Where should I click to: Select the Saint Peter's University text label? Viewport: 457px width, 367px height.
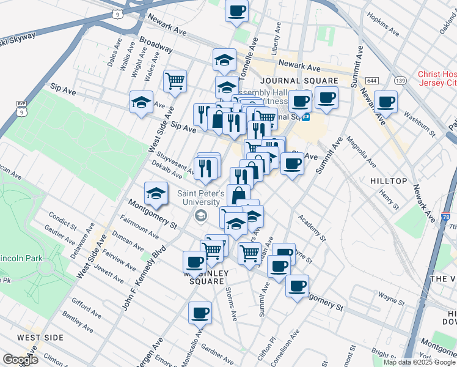tap(199, 198)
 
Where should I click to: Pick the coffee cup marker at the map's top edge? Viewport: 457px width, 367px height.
tap(236, 10)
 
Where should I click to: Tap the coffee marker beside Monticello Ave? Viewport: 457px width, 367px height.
tap(200, 314)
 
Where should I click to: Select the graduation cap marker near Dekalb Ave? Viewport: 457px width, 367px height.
tap(156, 193)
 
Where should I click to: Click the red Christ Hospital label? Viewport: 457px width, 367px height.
tap(437, 78)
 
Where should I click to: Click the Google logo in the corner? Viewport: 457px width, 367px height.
tap(21, 360)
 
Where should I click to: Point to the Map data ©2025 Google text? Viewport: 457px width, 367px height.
tap(419, 362)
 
